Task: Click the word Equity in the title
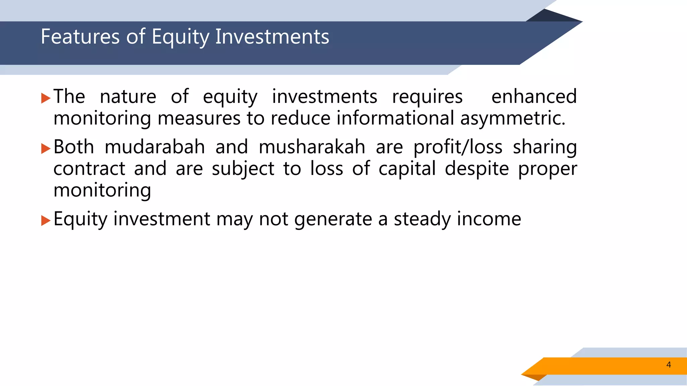click(180, 37)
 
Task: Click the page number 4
click(669, 365)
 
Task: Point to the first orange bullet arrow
click(46, 98)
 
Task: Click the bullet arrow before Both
click(46, 148)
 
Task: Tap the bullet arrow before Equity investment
click(46, 220)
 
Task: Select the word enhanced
click(534, 96)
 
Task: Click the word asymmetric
click(512, 118)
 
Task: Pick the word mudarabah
click(155, 147)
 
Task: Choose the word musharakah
click(312, 147)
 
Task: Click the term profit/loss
click(458, 147)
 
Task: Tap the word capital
click(407, 169)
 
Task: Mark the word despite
click(477, 169)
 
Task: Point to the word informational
click(395, 118)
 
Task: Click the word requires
click(427, 96)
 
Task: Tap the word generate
click(333, 219)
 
